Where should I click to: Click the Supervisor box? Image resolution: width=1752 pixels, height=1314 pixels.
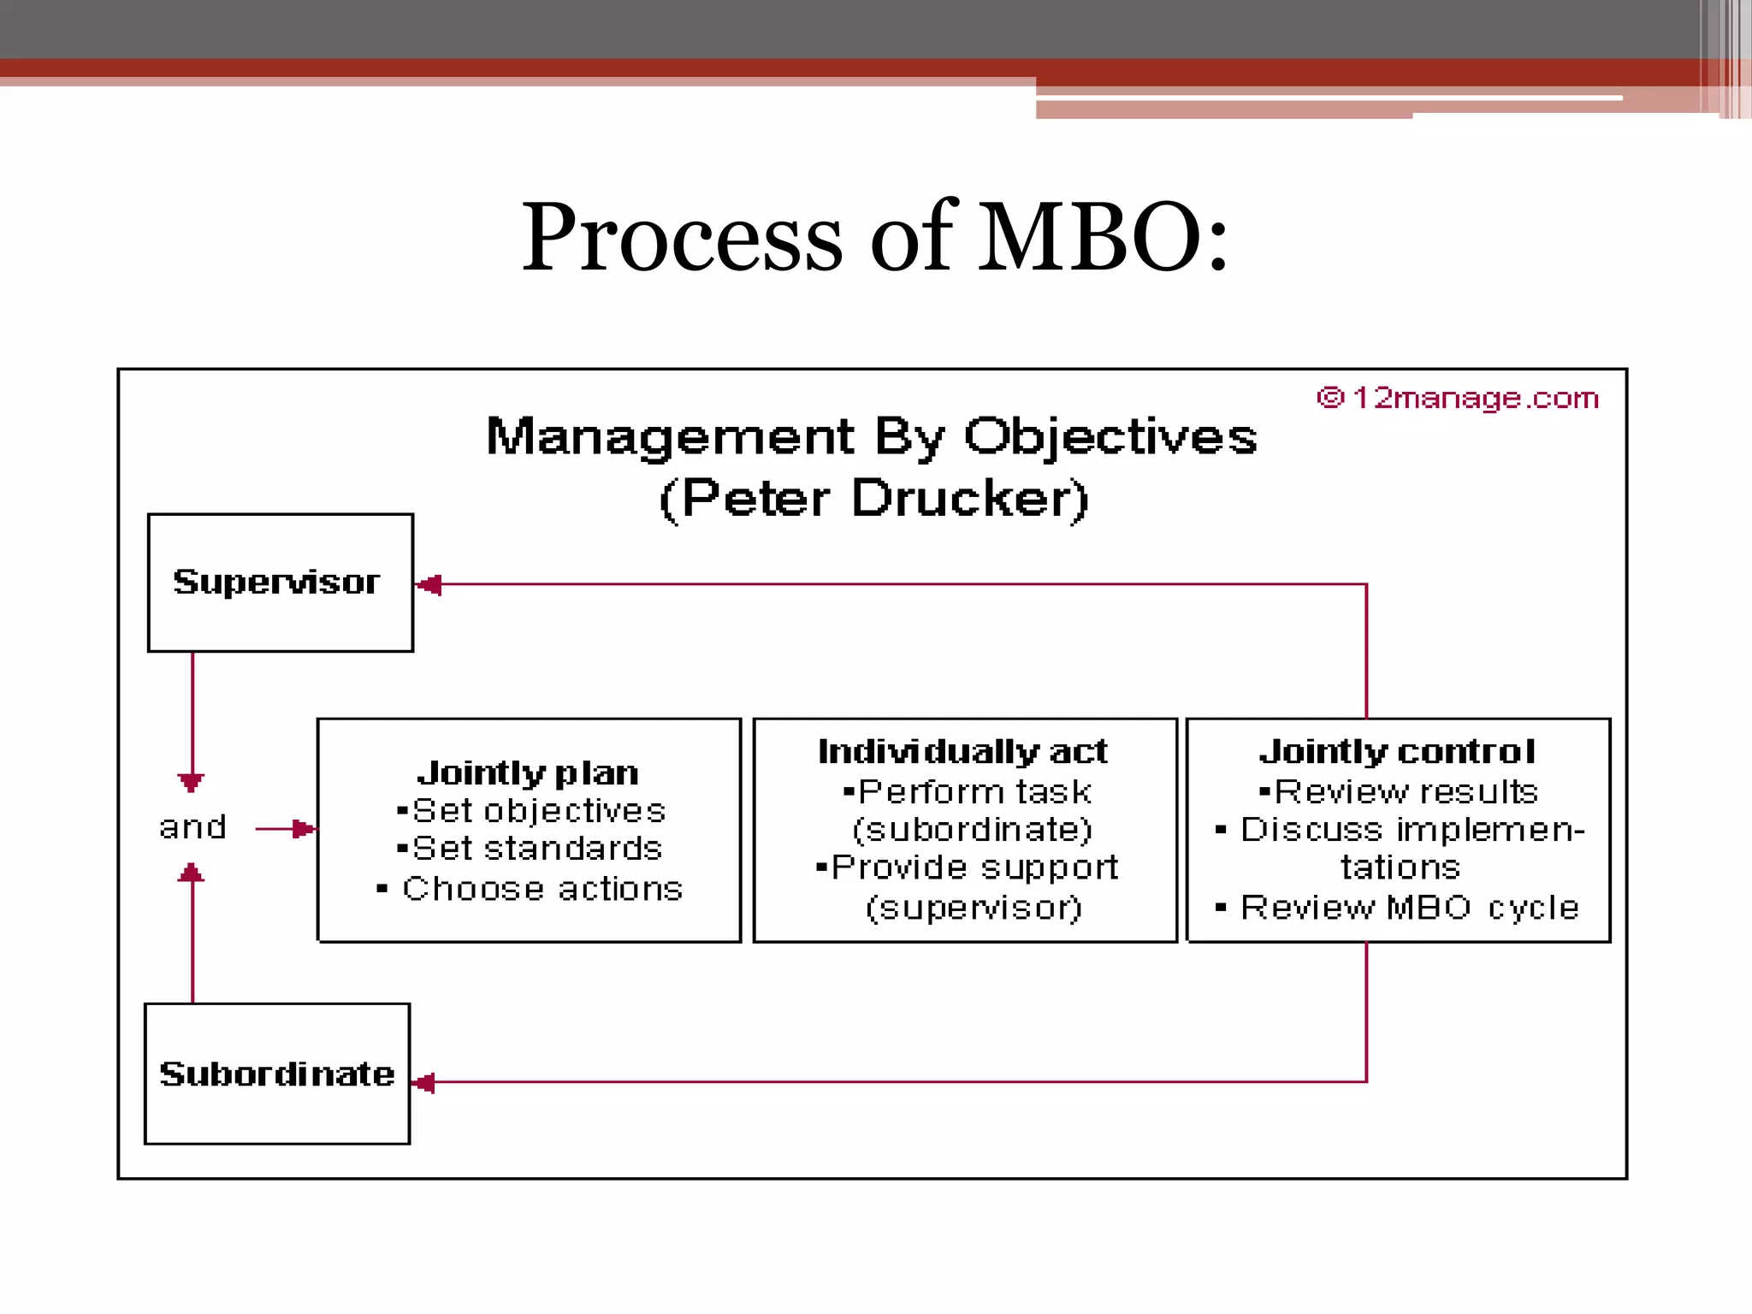coord(280,583)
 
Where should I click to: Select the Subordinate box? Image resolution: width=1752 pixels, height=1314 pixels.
coord(277,1073)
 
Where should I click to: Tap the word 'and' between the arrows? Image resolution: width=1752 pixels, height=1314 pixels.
coord(192,827)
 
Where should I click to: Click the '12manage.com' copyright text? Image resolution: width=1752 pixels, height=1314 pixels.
coord(1459,398)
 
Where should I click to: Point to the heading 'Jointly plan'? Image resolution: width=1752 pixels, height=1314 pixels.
coord(528,773)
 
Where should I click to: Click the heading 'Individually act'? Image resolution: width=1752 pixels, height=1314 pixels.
coord(962,751)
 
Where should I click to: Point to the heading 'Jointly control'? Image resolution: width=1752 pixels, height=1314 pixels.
coord(1398,751)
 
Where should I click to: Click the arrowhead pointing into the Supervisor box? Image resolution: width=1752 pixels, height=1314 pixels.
coord(429,585)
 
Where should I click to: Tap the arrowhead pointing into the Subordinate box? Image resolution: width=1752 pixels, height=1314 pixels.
coord(424,1083)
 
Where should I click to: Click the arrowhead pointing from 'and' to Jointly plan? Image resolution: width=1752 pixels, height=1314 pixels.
coord(303,828)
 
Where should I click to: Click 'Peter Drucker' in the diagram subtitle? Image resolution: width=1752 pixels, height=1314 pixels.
coord(873,498)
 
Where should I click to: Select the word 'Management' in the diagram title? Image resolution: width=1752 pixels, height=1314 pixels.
coord(670,436)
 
